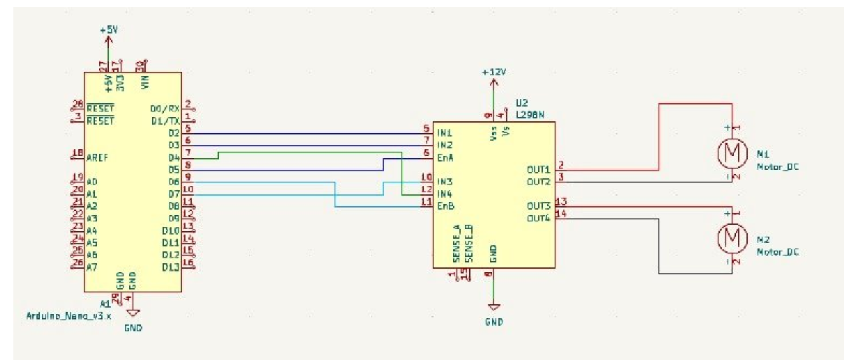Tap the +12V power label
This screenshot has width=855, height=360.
coord(494,72)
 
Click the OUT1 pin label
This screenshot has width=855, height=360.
coord(538,170)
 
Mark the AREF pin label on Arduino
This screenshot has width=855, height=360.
coord(98,158)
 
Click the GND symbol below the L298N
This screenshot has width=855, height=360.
coord(494,306)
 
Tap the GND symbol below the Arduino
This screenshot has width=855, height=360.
coord(133,312)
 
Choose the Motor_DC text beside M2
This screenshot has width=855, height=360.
coord(779,252)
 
